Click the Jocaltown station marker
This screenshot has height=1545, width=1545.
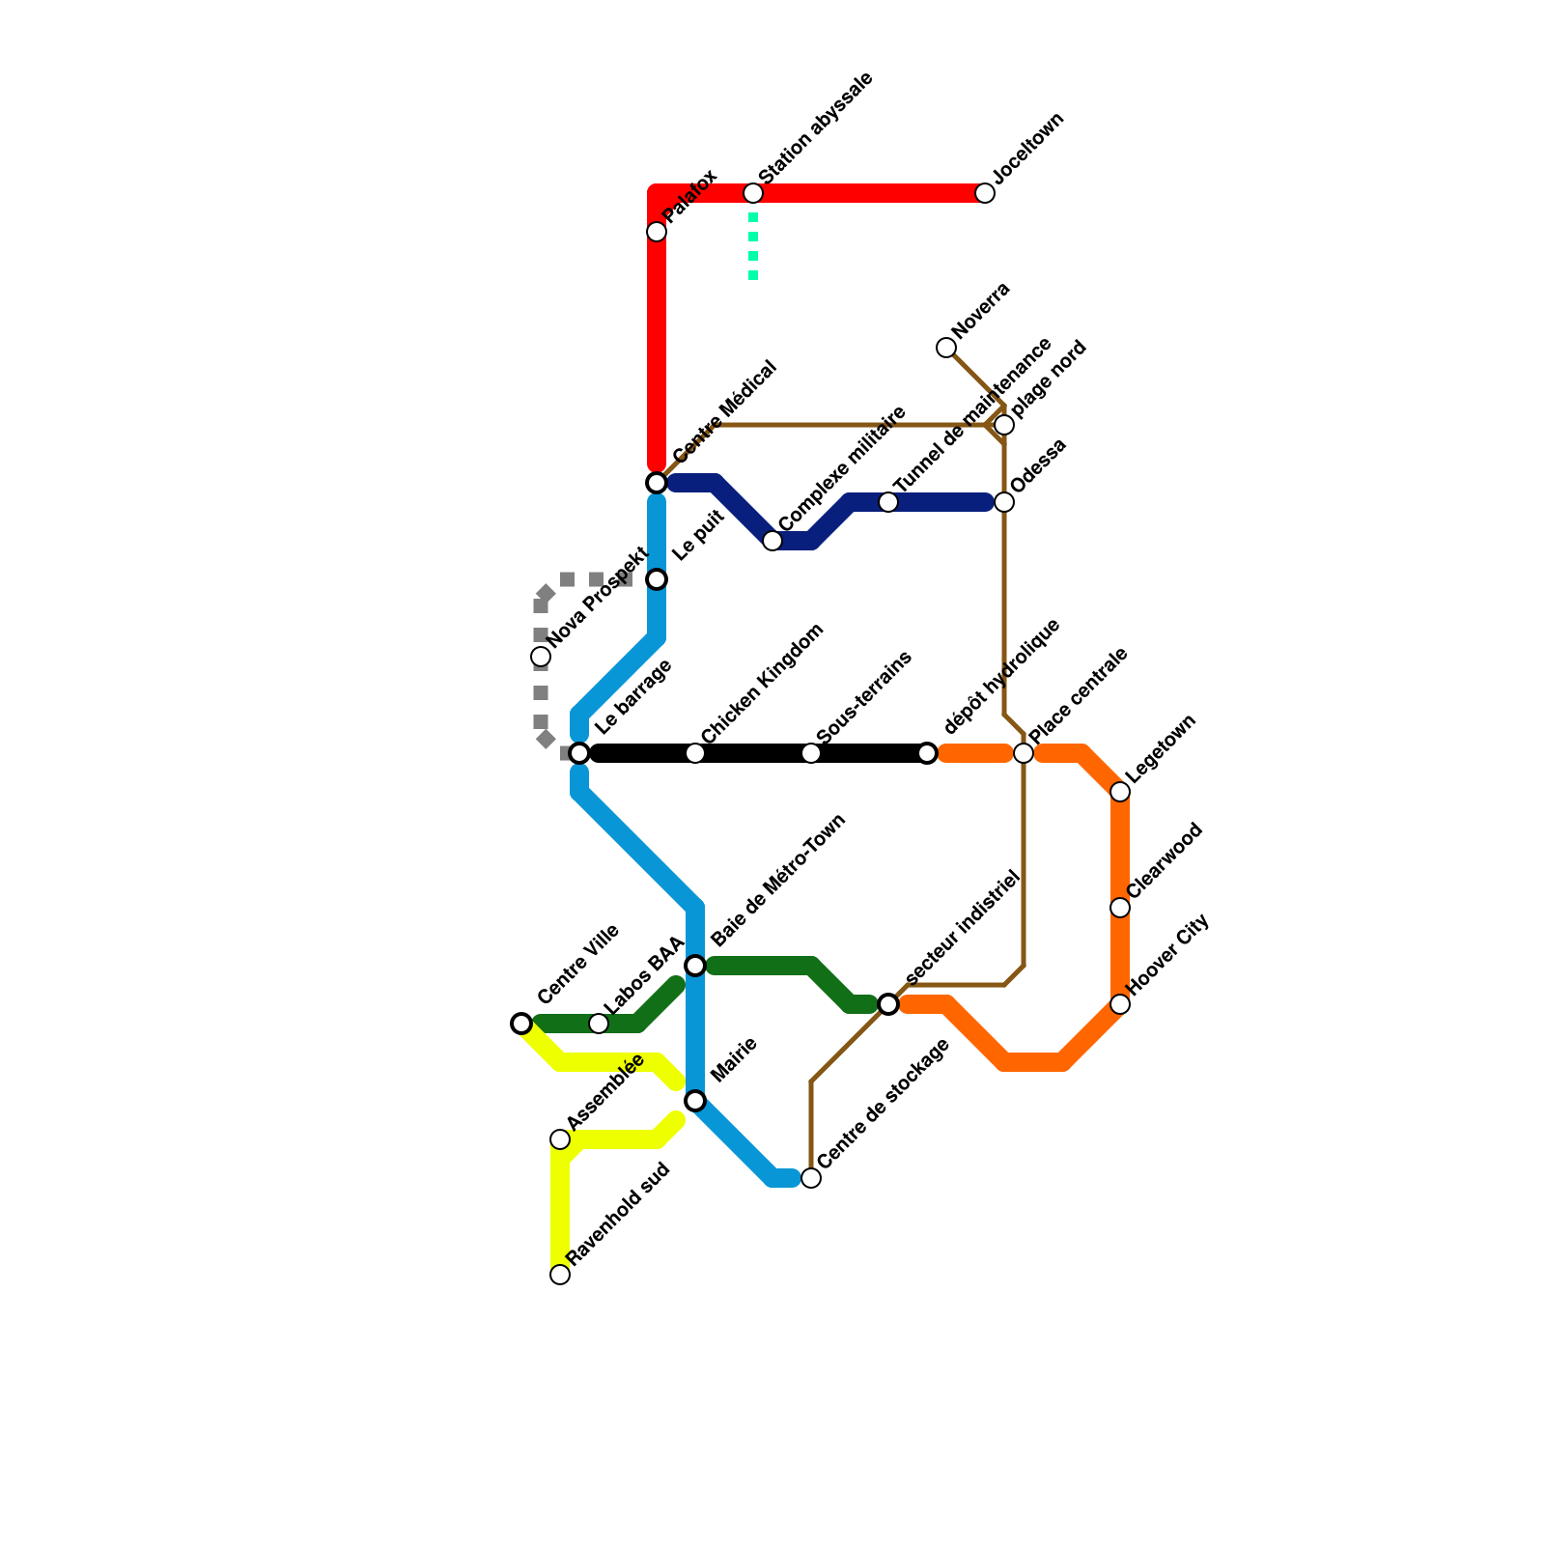[x=985, y=193]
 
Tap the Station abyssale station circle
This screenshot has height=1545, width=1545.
[x=753, y=193]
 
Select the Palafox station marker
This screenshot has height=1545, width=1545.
[x=657, y=232]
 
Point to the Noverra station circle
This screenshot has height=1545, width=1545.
[x=946, y=348]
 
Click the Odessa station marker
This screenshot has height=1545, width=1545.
[x=1004, y=502]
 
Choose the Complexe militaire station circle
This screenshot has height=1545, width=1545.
[x=772, y=541]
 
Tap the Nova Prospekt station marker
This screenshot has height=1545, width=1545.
[x=541, y=657]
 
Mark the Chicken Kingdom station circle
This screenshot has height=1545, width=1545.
[x=695, y=753]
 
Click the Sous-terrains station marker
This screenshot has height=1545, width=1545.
[x=811, y=753]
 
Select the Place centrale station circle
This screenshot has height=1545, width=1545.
[x=1024, y=753]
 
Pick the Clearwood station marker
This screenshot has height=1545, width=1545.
[x=1120, y=908]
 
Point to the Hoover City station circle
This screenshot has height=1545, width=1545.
[x=1120, y=1004]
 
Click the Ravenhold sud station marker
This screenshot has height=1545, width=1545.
[x=560, y=1275]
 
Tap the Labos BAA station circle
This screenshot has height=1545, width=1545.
[x=599, y=1024]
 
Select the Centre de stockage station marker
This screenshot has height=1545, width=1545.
[x=811, y=1178]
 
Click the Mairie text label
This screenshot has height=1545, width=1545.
[x=734, y=1059]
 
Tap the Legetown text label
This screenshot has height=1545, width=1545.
[x=1162, y=747]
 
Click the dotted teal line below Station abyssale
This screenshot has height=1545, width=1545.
[x=753, y=246]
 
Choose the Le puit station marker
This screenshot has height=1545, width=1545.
[x=657, y=579]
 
